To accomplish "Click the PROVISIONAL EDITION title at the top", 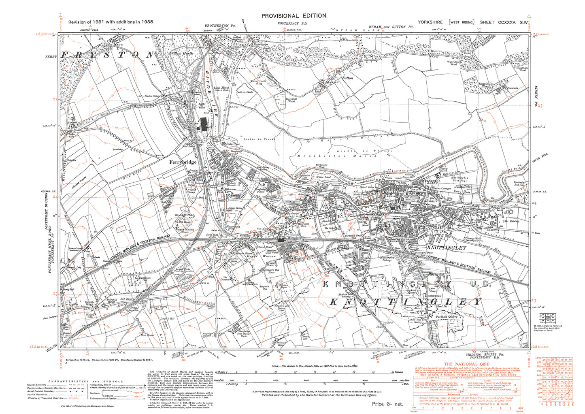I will point(294,15).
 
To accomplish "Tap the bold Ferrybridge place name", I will point(183,162).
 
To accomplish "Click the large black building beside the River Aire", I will point(204,124).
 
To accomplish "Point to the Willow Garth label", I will point(182,53).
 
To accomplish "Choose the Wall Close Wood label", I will point(453,63).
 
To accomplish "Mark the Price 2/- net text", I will point(387,404).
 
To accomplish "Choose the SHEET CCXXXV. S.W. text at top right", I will point(504,22).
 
